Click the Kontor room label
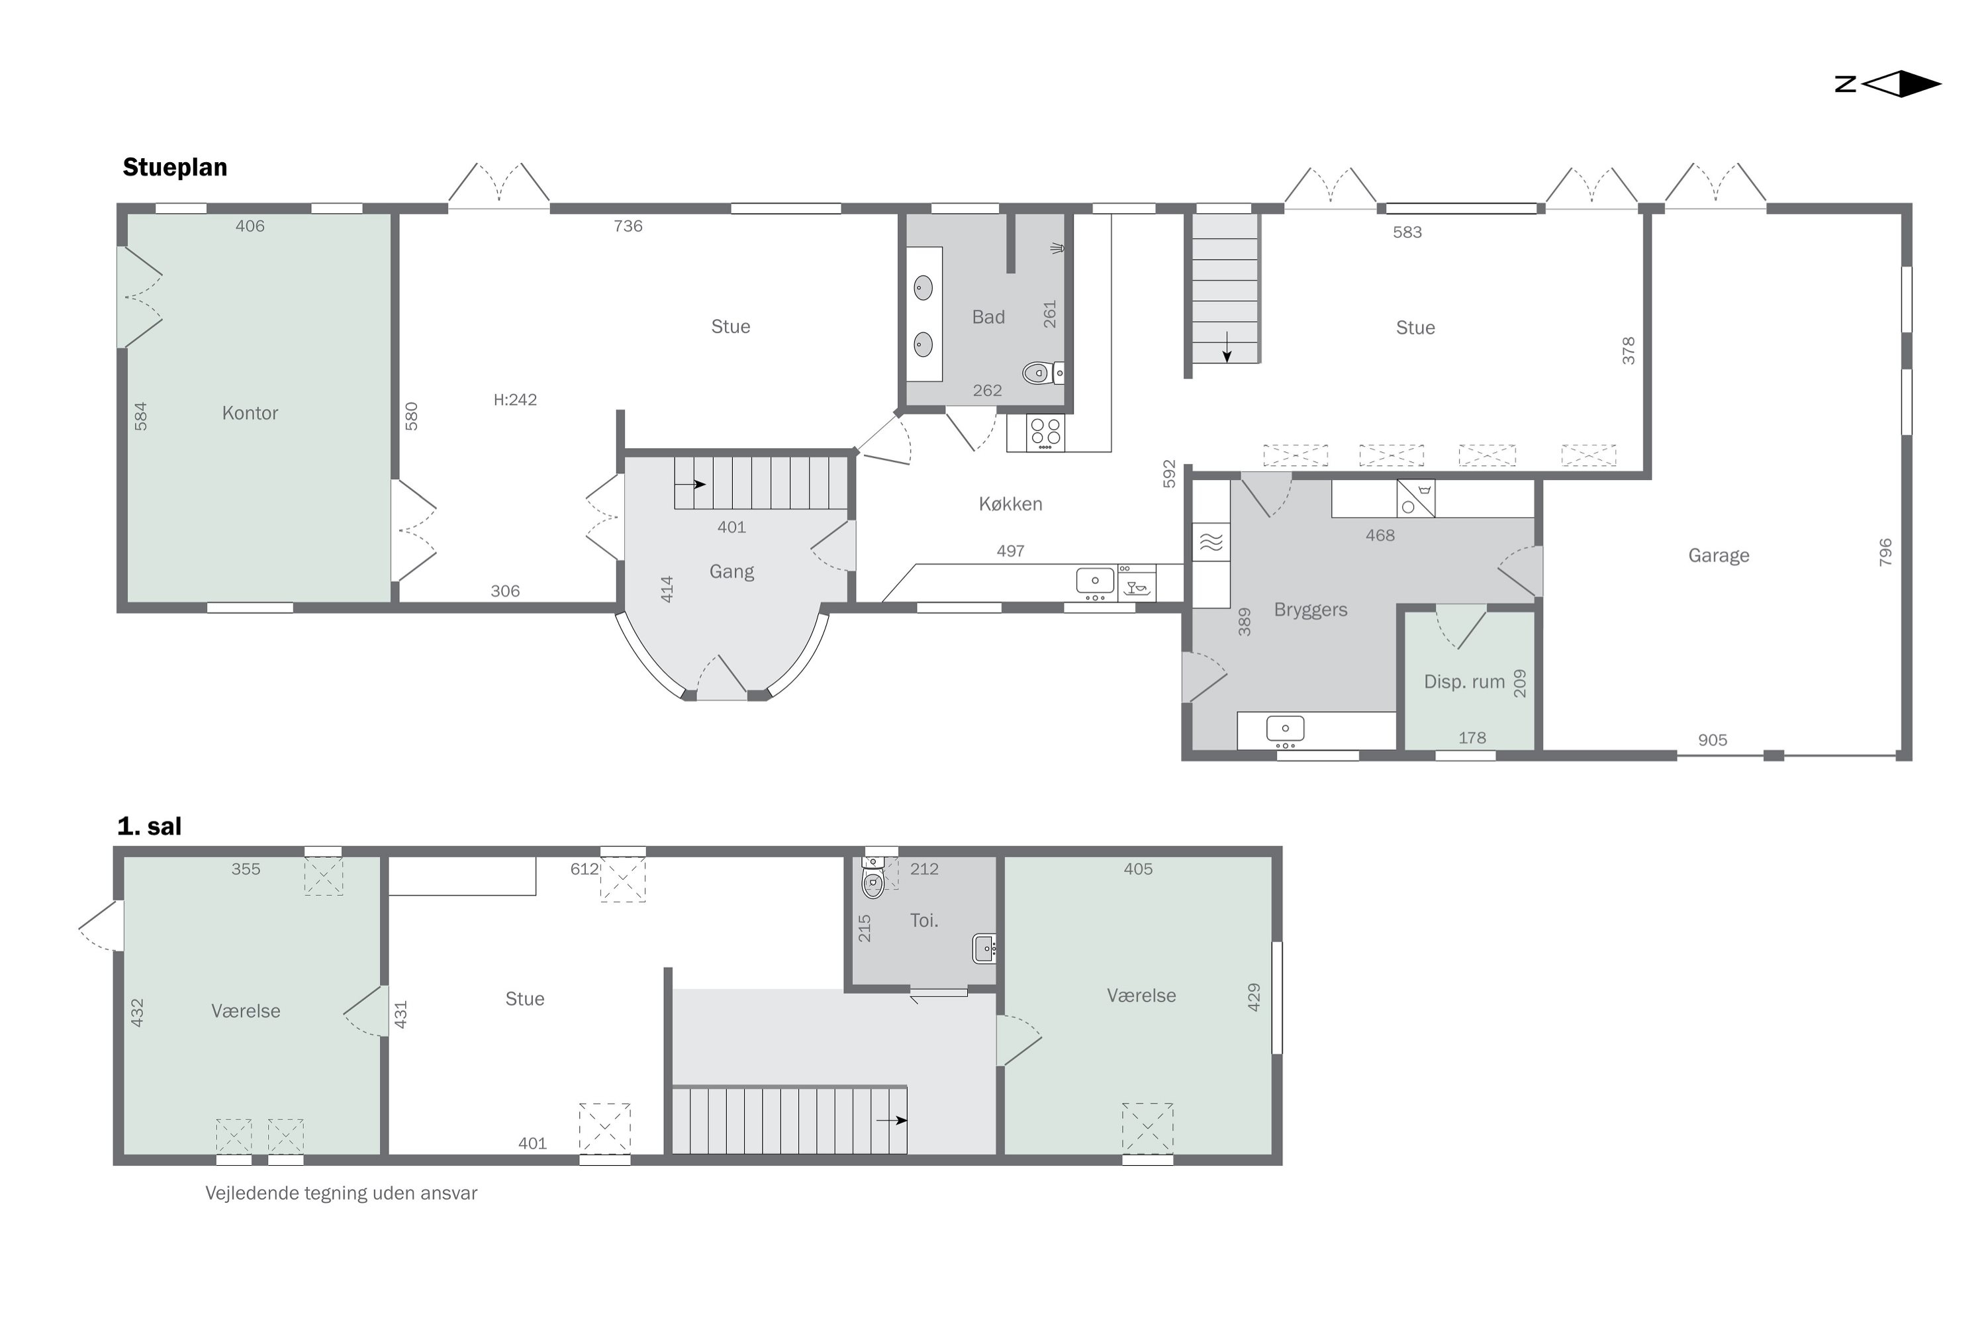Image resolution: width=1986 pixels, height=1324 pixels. coord(250,413)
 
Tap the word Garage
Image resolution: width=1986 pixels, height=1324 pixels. coord(1719,555)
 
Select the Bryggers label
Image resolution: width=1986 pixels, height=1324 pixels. coord(1311,610)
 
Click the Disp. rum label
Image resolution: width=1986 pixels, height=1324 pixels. coord(1464,681)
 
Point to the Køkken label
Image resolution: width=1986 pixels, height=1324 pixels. coord(1011,504)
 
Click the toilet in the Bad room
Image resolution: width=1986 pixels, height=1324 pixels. coord(1043,372)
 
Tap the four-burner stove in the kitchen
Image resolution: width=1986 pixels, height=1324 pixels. coord(1045,432)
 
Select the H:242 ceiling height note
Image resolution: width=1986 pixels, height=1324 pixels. coord(515,399)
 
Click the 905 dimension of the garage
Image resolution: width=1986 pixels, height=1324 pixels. coord(1713,739)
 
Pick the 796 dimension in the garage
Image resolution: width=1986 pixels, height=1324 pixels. coord(1885,552)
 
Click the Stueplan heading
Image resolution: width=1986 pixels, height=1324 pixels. coord(175,167)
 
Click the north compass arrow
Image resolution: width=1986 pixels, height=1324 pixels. coord(1901,83)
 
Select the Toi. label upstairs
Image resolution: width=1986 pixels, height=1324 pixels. coord(923,920)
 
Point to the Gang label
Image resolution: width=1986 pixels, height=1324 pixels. coord(732,572)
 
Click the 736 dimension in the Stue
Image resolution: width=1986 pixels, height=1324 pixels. coord(628,226)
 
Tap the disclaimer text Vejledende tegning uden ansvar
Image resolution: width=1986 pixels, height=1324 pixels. coord(341,1193)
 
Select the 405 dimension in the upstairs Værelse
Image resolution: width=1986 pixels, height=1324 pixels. coord(1138,869)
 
